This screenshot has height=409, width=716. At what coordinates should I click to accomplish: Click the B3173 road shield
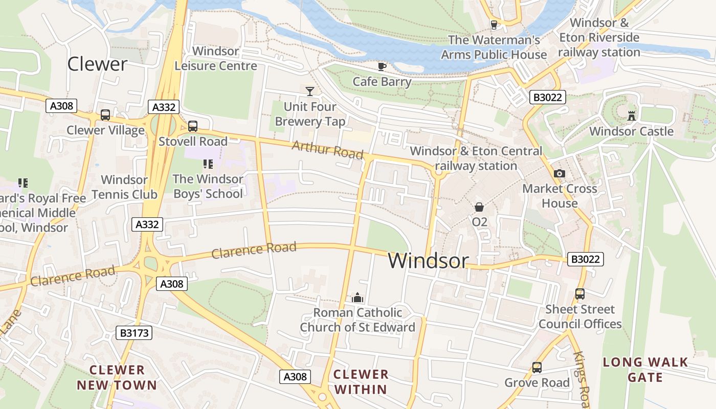tap(135, 333)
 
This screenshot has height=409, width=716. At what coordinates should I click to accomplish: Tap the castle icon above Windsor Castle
tap(632, 116)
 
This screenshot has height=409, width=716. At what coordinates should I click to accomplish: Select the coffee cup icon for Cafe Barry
tap(382, 66)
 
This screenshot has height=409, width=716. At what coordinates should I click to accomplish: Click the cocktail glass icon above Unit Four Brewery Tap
tap(309, 92)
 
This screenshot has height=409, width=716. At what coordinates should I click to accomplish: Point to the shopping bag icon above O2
tap(479, 207)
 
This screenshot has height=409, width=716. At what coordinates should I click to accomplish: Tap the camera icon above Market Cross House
tap(560, 174)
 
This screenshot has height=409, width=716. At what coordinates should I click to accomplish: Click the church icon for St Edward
tap(357, 298)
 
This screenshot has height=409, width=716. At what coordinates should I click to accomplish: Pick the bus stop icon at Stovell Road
tap(193, 126)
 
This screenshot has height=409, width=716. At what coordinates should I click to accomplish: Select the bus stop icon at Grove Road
tap(537, 367)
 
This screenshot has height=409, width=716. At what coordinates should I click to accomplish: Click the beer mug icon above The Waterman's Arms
tap(494, 25)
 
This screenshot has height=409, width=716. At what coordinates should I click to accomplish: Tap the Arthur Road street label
tap(327, 150)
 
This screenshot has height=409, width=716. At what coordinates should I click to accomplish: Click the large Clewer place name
tap(97, 64)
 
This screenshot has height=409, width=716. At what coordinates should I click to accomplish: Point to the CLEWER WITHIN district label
tap(361, 381)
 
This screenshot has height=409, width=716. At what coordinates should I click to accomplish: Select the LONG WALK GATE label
tap(645, 370)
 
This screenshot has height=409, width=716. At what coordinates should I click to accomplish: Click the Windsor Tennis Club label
tap(124, 187)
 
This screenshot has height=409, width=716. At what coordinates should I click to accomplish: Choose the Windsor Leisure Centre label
tap(216, 59)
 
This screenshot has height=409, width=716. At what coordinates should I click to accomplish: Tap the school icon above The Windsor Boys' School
tap(208, 164)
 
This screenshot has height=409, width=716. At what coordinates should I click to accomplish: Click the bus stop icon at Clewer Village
tap(105, 115)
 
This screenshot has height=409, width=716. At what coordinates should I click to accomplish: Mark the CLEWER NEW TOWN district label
tap(117, 377)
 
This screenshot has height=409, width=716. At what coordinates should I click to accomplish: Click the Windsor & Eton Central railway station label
tap(476, 158)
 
